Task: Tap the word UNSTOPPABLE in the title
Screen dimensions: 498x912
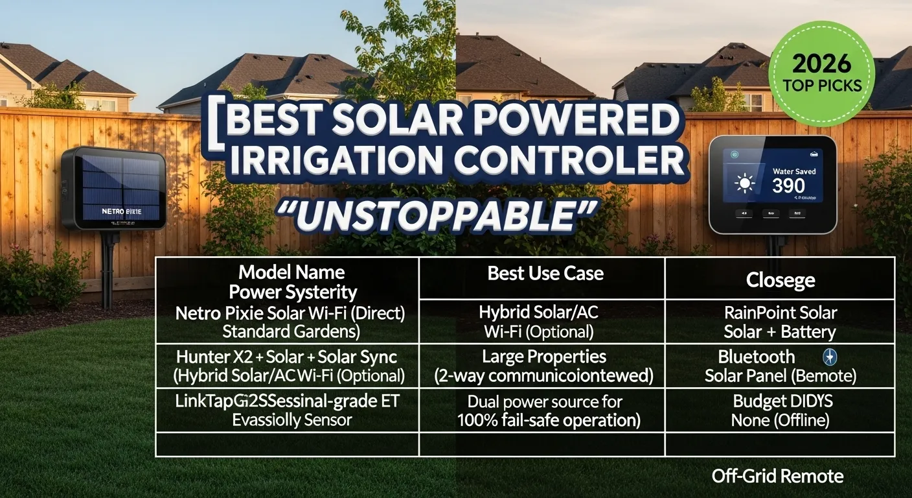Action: point(427,216)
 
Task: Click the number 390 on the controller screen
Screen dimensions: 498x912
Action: point(788,186)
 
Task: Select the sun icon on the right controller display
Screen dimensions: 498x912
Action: point(745,184)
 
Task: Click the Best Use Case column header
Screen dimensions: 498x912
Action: point(545,273)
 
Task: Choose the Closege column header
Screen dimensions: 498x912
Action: point(781,280)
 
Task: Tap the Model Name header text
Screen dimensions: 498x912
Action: point(291,272)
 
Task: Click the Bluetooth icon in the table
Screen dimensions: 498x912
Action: point(830,357)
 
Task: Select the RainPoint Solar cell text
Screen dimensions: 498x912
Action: point(781,313)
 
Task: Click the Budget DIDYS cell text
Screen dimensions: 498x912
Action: point(780,401)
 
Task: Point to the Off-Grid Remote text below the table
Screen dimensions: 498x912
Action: point(777,477)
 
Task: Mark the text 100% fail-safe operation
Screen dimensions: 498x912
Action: point(549,420)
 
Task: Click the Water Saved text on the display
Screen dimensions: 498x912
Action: point(794,171)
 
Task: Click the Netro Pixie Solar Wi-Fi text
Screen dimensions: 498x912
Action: point(290,313)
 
